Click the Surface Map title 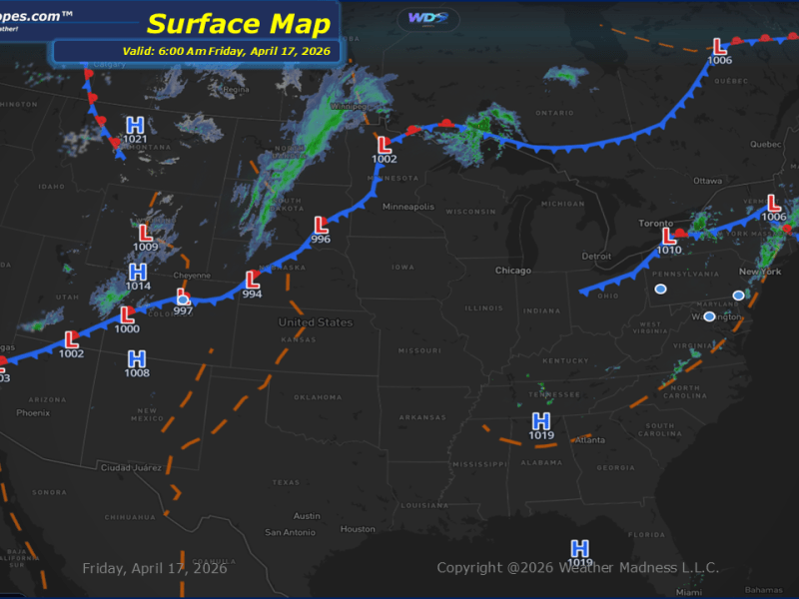[x=238, y=23]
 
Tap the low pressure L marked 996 [x=321, y=226]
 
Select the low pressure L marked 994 [x=252, y=280]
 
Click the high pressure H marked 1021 [x=135, y=126]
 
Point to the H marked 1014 [x=138, y=273]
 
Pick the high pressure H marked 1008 [x=137, y=359]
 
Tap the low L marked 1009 [x=146, y=233]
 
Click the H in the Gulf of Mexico [x=579, y=548]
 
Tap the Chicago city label [x=514, y=271]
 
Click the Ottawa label [x=707, y=181]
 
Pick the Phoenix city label [x=33, y=412]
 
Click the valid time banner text [x=197, y=51]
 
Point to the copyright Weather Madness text [x=577, y=569]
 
